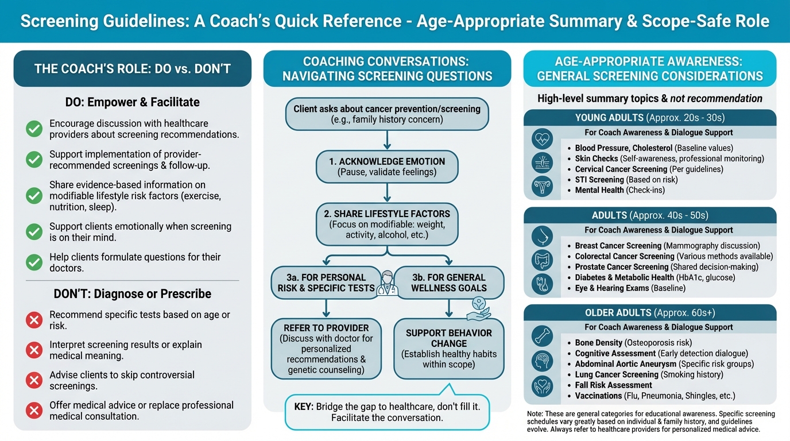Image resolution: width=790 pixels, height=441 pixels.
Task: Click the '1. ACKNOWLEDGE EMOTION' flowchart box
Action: pyautogui.click(x=387, y=167)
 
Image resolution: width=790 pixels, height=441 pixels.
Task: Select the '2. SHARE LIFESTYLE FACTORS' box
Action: pyautogui.click(x=387, y=225)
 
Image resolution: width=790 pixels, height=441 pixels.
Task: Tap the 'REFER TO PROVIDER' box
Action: pyautogui.click(x=326, y=349)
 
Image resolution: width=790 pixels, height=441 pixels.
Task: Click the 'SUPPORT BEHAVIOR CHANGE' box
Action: pyautogui.click(x=449, y=349)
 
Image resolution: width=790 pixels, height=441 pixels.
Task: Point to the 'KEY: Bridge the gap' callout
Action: pyautogui.click(x=387, y=412)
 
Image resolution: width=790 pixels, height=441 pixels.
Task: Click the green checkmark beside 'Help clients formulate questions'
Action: pyautogui.click(x=34, y=262)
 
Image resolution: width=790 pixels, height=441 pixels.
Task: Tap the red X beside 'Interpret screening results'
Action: pyautogui.click(x=34, y=350)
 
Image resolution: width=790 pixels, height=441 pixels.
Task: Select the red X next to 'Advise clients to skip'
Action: pyautogui.click(x=34, y=380)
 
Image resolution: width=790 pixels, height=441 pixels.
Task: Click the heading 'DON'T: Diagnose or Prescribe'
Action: pyautogui.click(x=133, y=294)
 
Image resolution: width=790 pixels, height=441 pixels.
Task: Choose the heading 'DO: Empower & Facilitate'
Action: pyautogui.click(x=133, y=102)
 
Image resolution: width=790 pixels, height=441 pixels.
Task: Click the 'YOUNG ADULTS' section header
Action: pyautogui.click(x=650, y=118)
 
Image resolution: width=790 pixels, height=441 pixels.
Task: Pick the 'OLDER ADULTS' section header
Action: pyautogui.click(x=650, y=313)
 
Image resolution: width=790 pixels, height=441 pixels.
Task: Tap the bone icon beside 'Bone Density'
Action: pyautogui.click(x=542, y=335)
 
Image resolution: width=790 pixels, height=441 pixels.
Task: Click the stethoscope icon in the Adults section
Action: pyautogui.click(x=542, y=283)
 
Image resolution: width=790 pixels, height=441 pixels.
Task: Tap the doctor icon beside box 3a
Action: pyautogui.click(x=387, y=284)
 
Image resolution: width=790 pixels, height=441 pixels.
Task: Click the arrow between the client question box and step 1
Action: pyautogui.click(x=387, y=140)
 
